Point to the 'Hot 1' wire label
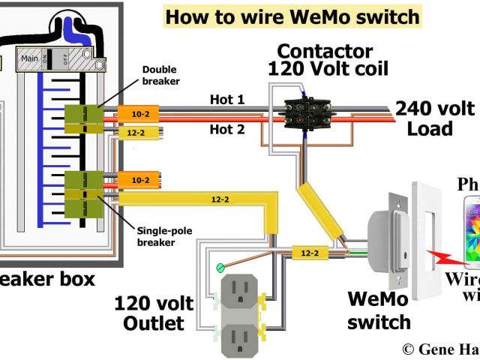click(226, 99)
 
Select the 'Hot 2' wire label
click(226, 129)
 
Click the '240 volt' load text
click(435, 109)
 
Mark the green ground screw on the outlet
click(220, 265)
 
